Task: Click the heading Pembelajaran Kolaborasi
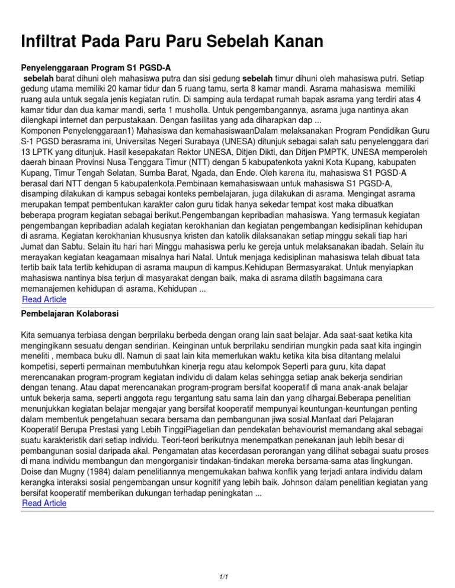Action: tap(73, 312)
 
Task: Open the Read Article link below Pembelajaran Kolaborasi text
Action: tap(44, 503)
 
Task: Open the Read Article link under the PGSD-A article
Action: tap(44, 299)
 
